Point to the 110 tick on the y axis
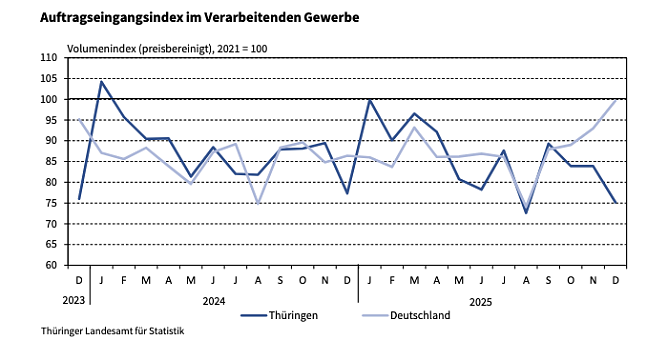(49, 58)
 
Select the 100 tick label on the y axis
(49, 99)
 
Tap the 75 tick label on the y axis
(51, 203)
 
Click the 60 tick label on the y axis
(51, 265)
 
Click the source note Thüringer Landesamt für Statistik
(98, 331)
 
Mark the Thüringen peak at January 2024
(101, 82)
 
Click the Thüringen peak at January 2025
(370, 99)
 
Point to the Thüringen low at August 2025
(526, 212)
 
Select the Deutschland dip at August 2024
(258, 203)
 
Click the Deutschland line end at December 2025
(616, 99)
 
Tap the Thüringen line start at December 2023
(79, 199)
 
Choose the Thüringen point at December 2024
(347, 193)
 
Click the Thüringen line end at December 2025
(616, 203)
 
